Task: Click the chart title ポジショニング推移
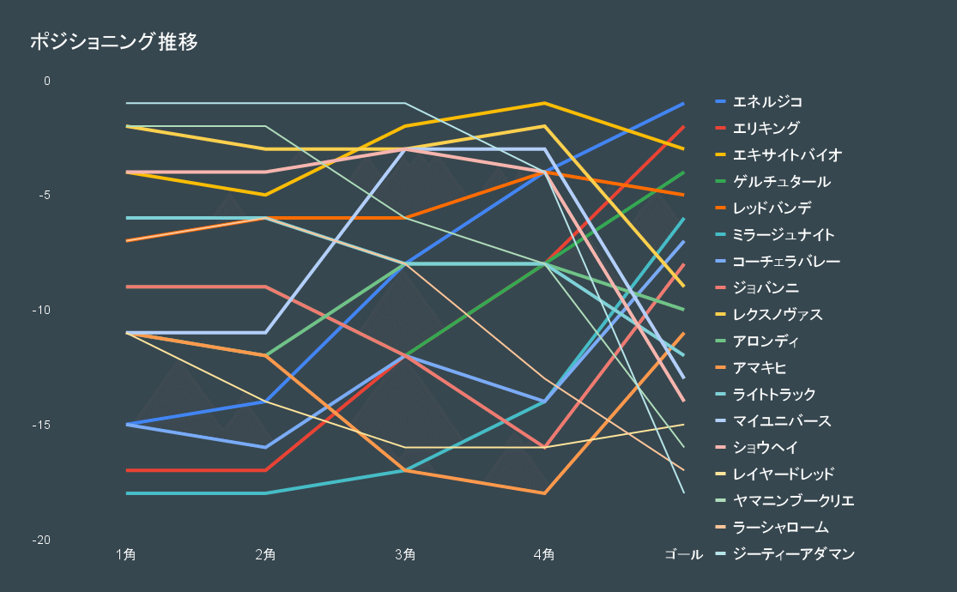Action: tap(114, 42)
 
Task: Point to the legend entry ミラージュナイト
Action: tap(783, 235)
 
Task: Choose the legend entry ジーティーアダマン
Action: tap(794, 554)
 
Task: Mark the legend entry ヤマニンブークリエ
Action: tap(793, 501)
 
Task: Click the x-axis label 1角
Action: tap(126, 554)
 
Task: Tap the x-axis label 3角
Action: tap(405, 554)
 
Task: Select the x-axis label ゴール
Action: tap(683, 554)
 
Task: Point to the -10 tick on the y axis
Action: tap(40, 311)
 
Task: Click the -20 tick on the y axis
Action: tap(40, 541)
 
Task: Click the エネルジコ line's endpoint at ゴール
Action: tap(683, 104)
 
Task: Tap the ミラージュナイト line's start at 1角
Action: tap(127, 493)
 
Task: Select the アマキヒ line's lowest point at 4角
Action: tap(544, 493)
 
